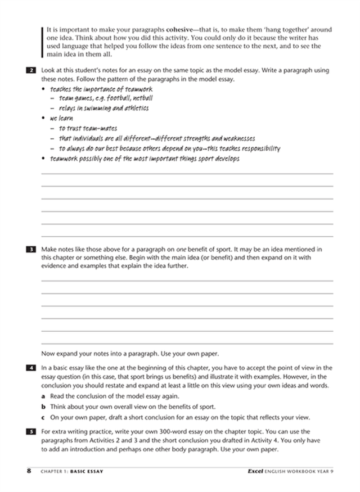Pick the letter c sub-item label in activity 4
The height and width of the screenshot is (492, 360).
[x=44, y=417]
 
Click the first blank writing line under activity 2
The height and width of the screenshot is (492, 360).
[x=187, y=174]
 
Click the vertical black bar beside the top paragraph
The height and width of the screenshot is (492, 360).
[x=42, y=42]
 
